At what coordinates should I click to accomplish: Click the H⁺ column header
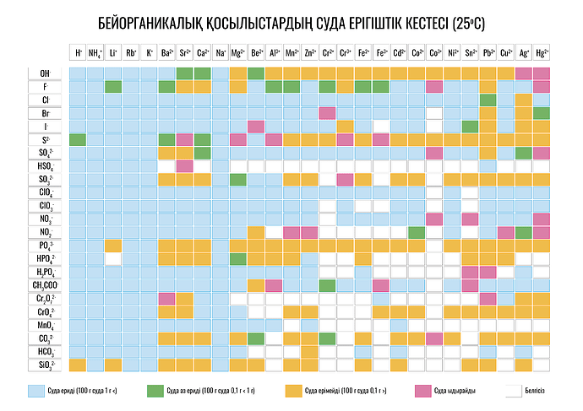78,52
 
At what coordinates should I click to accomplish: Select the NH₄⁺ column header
95,52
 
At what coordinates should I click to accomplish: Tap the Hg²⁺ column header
542,52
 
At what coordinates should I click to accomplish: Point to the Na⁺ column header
221,52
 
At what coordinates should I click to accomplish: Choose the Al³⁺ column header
274,52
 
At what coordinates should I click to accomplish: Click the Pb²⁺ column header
488,52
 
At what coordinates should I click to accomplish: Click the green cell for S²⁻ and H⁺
78,139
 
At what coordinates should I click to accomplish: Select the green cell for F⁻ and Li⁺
113,87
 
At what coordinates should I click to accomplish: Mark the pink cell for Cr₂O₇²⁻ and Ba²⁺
166,299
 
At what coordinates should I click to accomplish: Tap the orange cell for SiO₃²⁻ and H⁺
78,365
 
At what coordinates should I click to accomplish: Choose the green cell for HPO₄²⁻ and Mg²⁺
238,259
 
